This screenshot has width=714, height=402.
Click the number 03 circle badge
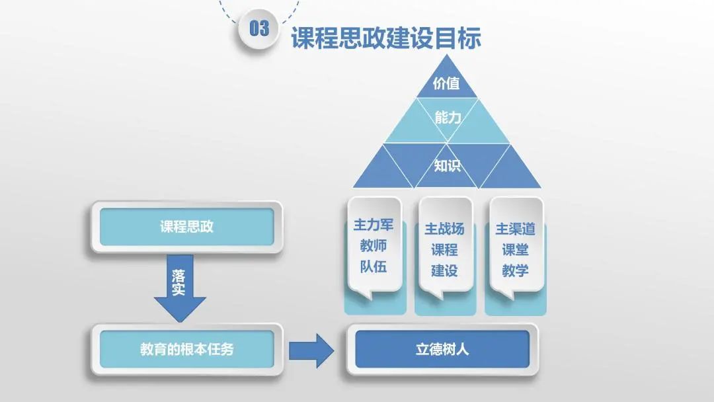[259, 28]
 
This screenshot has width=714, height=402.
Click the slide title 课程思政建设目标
[385, 38]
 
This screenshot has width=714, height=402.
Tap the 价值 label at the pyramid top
[446, 84]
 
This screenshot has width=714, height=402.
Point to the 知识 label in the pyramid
[447, 165]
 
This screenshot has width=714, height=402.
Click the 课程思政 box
[186, 227]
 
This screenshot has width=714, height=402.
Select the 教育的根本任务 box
[186, 349]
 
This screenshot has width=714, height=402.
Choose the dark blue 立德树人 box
[442, 349]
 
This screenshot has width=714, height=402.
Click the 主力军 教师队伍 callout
[374, 245]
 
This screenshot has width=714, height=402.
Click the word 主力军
[374, 225]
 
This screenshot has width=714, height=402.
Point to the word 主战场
[444, 229]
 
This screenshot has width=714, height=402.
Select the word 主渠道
[515, 229]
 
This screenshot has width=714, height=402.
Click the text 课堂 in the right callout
[515, 250]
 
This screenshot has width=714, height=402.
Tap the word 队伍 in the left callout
[374, 266]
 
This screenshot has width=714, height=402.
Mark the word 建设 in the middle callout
[444, 270]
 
